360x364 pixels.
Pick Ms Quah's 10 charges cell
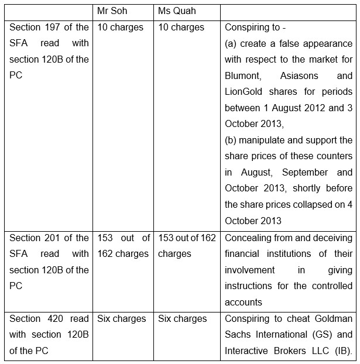[x=181, y=28]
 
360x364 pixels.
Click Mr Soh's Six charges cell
[x=122, y=319]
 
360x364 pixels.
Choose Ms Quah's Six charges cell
[x=183, y=319]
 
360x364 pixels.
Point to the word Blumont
[x=244, y=75]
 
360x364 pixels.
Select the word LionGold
[x=244, y=92]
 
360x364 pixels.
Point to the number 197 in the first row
[x=60, y=28]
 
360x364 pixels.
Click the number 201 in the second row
[x=60, y=238]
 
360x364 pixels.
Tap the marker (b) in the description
[x=231, y=140]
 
